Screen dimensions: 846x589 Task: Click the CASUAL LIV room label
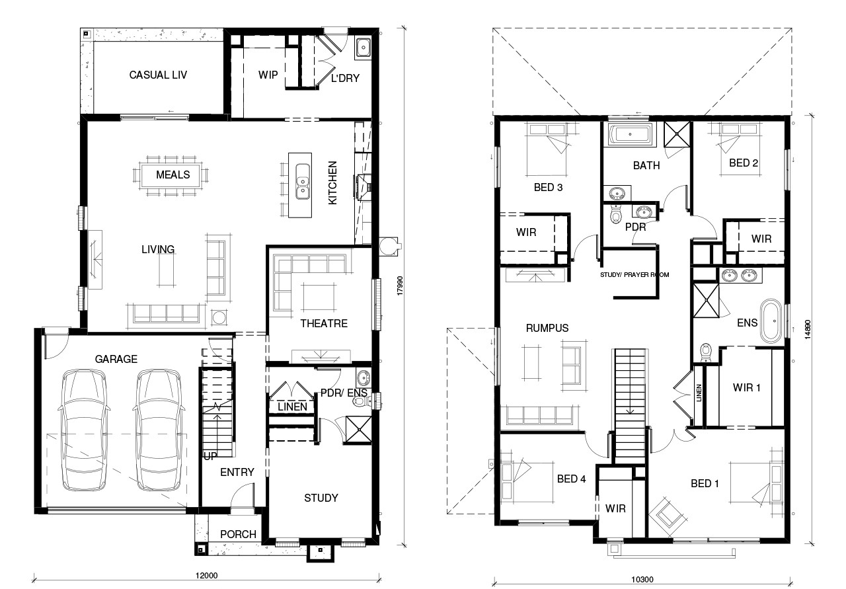(x=158, y=75)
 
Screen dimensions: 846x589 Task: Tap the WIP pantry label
(x=268, y=75)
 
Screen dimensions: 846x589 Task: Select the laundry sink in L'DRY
(x=363, y=48)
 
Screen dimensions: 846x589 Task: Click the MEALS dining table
(x=171, y=175)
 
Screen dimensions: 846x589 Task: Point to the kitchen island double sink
(x=302, y=181)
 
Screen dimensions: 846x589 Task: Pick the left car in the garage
(x=84, y=430)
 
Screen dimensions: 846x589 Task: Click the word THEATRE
(x=324, y=323)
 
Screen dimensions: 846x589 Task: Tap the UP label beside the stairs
(x=210, y=456)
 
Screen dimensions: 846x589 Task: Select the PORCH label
(x=238, y=534)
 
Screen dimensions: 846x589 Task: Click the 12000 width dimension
(x=207, y=575)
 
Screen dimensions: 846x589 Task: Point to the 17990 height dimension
(x=400, y=286)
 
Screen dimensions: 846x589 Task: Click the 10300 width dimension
(x=642, y=579)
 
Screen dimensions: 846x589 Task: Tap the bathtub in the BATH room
(x=630, y=134)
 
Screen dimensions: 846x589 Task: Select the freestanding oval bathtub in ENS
(x=771, y=321)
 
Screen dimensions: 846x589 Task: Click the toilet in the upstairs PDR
(x=615, y=214)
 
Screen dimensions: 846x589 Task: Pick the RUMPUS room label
(x=547, y=328)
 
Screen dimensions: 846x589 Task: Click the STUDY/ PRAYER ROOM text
(x=634, y=274)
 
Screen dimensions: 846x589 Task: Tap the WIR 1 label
(x=746, y=387)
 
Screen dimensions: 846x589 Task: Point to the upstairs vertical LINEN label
(x=699, y=393)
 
